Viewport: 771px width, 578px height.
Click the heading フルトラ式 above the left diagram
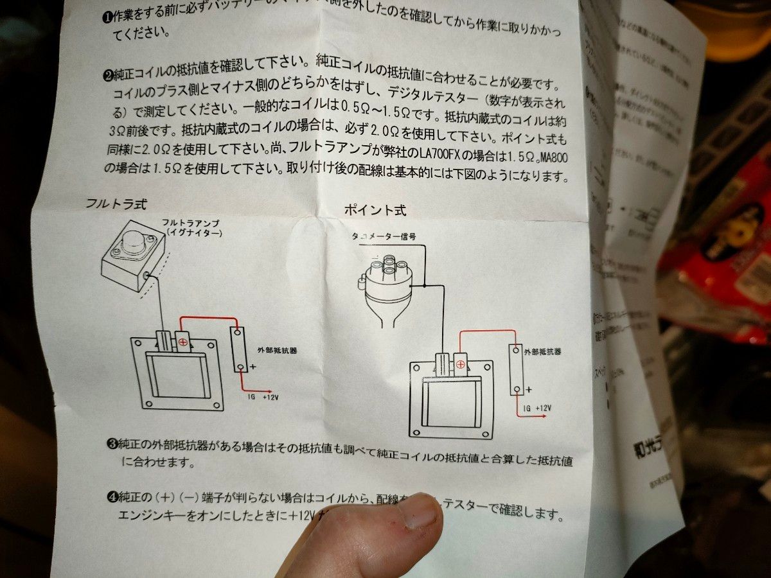click(116, 204)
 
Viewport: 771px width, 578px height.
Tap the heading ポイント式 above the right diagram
click(375, 210)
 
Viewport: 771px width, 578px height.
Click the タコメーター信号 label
click(384, 236)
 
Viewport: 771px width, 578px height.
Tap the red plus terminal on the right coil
click(460, 364)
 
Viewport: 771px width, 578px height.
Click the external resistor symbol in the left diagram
click(238, 349)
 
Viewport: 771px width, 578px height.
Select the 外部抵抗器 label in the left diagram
click(272, 351)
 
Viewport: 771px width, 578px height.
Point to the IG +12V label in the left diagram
click(264, 397)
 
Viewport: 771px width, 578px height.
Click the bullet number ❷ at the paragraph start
click(108, 75)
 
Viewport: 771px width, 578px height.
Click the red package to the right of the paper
click(720, 257)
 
